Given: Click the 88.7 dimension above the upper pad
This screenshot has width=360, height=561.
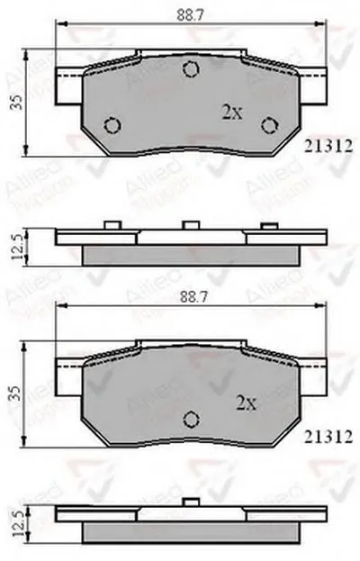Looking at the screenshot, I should tap(190, 13).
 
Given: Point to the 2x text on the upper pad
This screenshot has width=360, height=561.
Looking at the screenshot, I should tap(232, 113).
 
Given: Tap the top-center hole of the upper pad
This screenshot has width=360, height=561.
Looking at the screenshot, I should tap(190, 69).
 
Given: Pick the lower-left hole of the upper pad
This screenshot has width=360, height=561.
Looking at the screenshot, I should tap(112, 125).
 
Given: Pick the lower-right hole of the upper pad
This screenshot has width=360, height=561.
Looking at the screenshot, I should tap(267, 125).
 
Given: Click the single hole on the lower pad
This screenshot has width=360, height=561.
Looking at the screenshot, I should tap(190, 418).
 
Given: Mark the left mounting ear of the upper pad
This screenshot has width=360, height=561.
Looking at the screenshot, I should tap(69, 87).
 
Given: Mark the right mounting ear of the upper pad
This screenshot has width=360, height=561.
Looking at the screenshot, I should tap(310, 87).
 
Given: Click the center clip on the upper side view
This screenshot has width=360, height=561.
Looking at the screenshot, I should tap(190, 225).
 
